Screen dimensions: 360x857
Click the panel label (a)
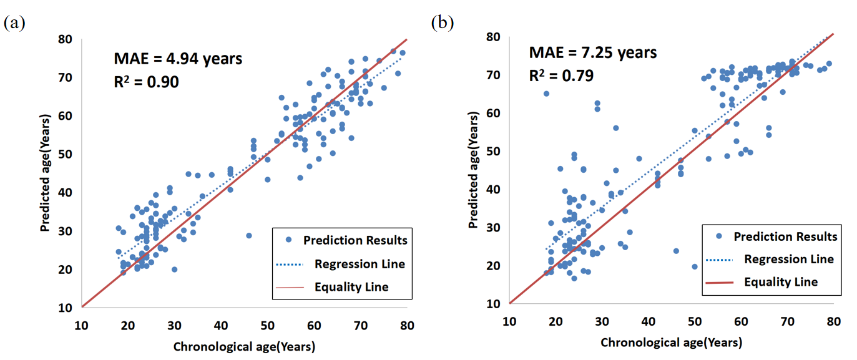point(14,24)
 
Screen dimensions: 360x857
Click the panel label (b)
point(443,24)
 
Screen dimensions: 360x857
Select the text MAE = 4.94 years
point(177,59)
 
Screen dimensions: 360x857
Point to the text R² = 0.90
point(147,81)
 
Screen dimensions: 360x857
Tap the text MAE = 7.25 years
point(593,52)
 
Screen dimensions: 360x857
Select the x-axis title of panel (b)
point(671,343)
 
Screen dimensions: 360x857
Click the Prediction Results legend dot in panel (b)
point(720,236)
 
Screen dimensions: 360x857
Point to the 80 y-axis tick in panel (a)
point(66,39)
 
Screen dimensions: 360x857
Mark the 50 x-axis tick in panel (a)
point(267,325)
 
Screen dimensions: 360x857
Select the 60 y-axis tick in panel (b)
point(494,113)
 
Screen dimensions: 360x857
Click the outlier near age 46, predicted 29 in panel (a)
point(248,236)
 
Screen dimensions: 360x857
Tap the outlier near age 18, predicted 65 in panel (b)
point(546,94)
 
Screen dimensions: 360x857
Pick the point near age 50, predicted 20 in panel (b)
point(694,266)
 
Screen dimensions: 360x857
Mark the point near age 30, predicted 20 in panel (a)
point(174,270)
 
